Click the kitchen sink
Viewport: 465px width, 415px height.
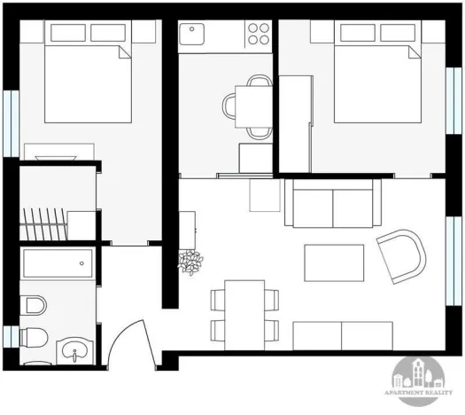191,35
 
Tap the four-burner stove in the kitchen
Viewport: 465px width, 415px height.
258,34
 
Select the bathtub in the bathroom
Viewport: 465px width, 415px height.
58,264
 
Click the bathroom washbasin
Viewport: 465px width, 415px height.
74,350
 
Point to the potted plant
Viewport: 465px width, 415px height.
190,262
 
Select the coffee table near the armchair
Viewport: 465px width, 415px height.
333,262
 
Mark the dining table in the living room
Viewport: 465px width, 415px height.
244,314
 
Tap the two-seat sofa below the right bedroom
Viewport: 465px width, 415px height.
333,203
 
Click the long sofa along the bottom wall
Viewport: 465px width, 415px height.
340,335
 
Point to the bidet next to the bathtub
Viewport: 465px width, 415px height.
35,306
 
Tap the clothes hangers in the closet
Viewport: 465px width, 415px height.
43,222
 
